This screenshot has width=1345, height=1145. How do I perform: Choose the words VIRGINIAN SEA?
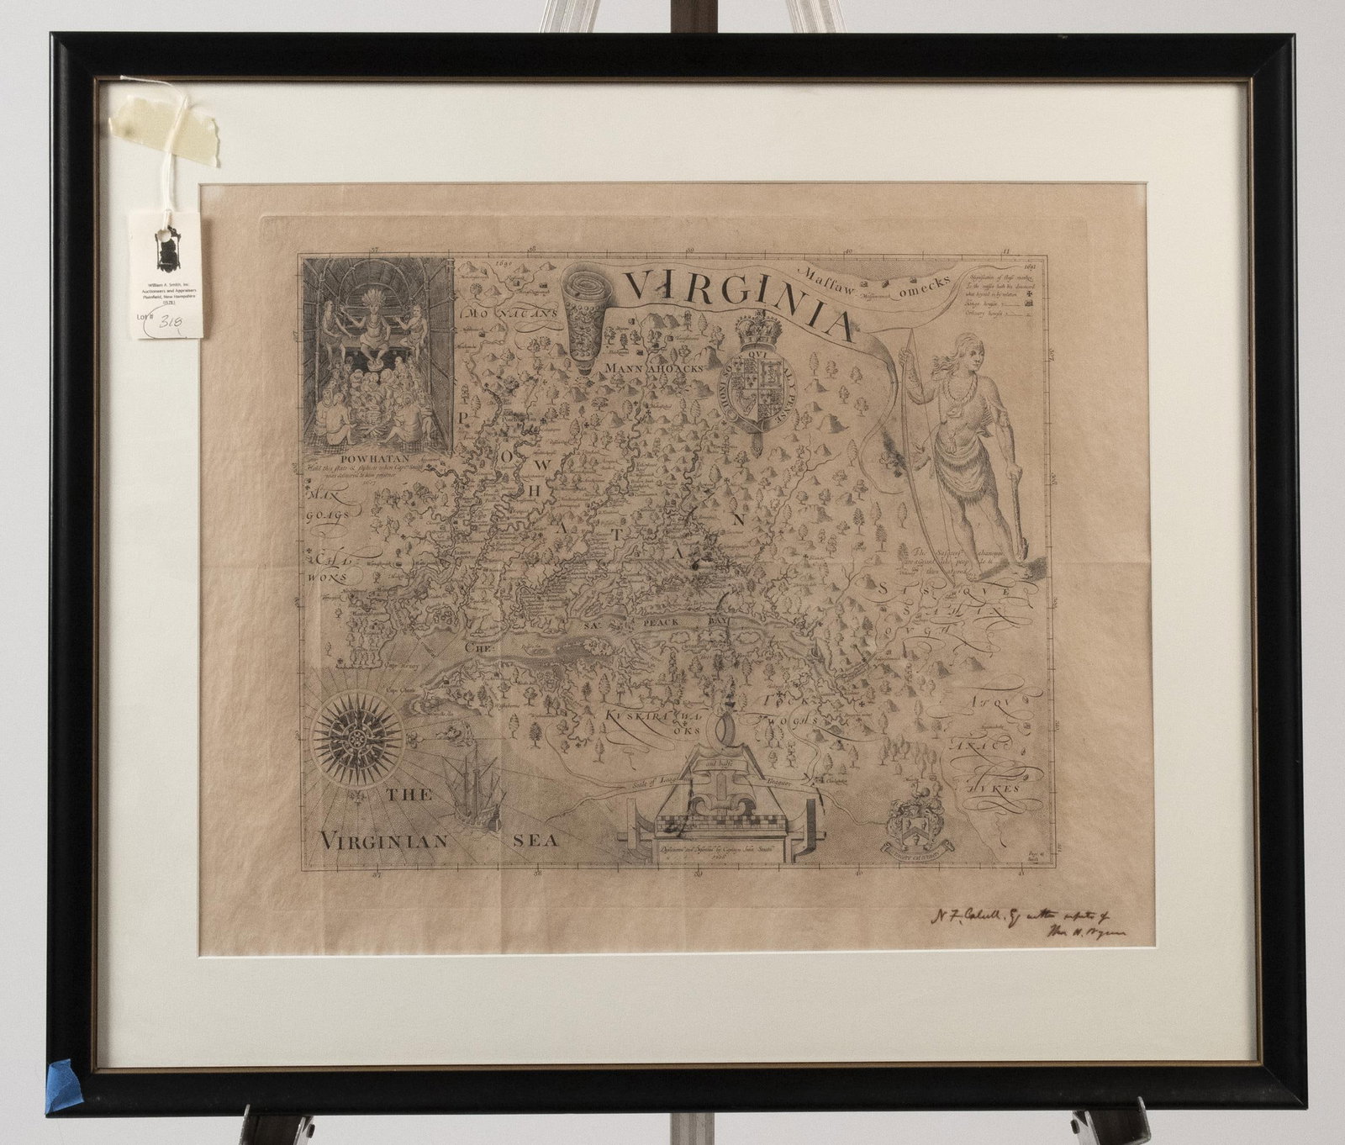(x=429, y=838)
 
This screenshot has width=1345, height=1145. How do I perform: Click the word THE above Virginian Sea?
(x=409, y=795)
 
